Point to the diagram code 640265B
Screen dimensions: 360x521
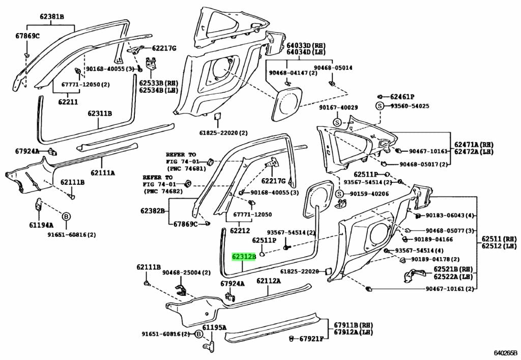[506, 352]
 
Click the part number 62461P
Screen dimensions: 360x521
[402, 97]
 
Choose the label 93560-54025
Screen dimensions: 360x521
[410, 106]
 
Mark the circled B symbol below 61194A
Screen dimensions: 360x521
[66, 217]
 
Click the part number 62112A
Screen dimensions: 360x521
[269, 281]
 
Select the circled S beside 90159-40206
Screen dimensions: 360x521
[339, 193]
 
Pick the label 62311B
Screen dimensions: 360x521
[100, 114]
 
